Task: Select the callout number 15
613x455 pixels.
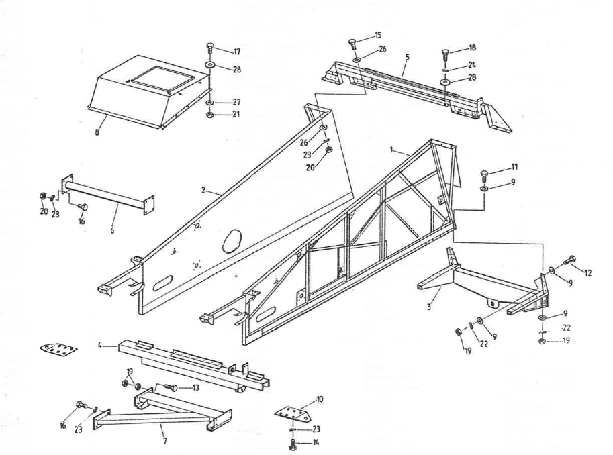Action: click(377, 34)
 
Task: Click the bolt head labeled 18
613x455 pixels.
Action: click(445, 54)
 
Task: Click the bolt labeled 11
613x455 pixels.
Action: click(485, 176)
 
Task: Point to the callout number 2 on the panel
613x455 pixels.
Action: click(203, 191)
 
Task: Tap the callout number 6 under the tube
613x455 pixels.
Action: click(112, 230)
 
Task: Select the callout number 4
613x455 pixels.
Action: click(100, 346)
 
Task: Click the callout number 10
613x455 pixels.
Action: click(320, 399)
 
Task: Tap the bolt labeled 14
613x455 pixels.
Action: click(293, 443)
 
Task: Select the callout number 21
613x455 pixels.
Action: click(236, 114)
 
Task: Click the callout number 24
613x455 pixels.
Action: click(472, 66)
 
